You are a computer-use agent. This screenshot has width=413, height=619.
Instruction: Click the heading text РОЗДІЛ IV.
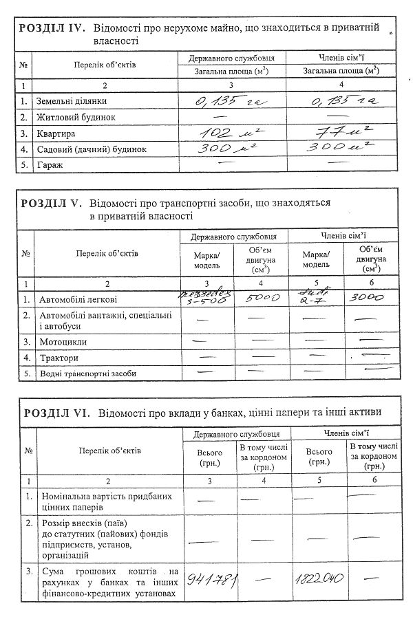(x=52, y=28)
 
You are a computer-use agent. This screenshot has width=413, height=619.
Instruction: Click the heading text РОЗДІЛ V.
(x=52, y=204)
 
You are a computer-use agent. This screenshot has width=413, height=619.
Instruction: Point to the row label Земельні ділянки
(x=72, y=102)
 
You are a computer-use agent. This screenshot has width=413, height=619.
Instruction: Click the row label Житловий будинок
(x=76, y=118)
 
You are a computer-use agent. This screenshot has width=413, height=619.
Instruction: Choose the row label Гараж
(x=50, y=165)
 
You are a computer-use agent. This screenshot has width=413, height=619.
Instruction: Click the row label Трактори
(x=57, y=358)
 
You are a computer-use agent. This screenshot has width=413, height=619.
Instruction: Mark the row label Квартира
(x=56, y=133)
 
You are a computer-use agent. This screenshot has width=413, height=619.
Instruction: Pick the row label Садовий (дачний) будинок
(x=92, y=149)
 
